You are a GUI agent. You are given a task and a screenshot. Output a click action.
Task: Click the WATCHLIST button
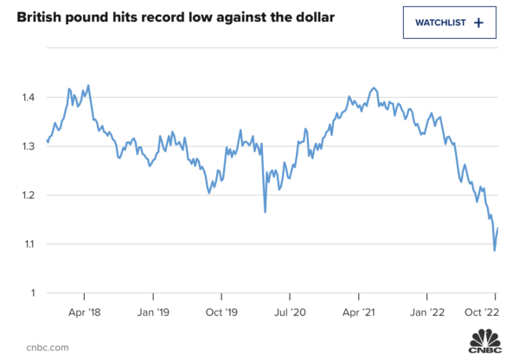coord(449,22)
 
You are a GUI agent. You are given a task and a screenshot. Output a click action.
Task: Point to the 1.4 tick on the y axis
coord(28,97)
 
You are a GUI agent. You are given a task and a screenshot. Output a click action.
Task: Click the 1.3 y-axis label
coord(28,146)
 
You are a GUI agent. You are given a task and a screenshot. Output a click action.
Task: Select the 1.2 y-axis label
coord(28,195)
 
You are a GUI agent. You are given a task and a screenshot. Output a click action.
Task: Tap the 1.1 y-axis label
coord(28,244)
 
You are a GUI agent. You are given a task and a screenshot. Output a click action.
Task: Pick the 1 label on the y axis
coord(34,292)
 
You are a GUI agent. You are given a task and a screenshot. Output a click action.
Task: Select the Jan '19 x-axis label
coord(156,311)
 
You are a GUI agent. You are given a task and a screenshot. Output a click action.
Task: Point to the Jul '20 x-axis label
coord(291,311)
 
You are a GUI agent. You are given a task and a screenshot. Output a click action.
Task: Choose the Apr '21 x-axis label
coord(357,311)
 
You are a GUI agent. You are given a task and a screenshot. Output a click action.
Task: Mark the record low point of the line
coord(494,250)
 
